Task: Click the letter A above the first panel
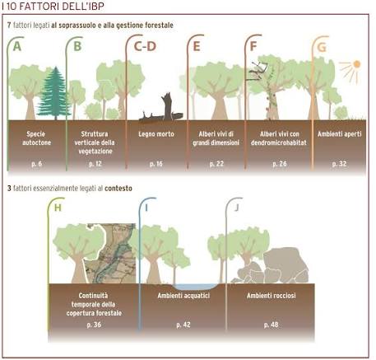pyautogui.click(x=17, y=46)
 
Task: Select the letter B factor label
pyautogui.click(x=77, y=46)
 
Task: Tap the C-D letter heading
pyautogui.click(x=145, y=46)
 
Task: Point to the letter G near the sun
pyautogui.click(x=322, y=47)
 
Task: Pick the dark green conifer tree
pyautogui.click(x=55, y=93)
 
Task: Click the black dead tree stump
pyautogui.click(x=162, y=109)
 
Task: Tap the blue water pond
pyautogui.click(x=195, y=287)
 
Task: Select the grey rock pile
pyautogui.click(x=274, y=266)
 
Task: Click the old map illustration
pyautogui.click(x=113, y=254)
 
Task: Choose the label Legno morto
pyautogui.click(x=156, y=134)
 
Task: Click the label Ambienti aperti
pyautogui.click(x=340, y=134)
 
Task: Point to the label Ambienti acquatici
pyautogui.click(x=183, y=296)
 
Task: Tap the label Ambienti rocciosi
pyautogui.click(x=272, y=296)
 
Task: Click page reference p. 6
pyautogui.click(x=36, y=164)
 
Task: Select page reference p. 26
pyautogui.click(x=280, y=164)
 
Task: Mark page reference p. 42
pyautogui.click(x=183, y=325)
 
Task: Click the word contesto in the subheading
pyautogui.click(x=118, y=189)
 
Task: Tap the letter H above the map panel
pyautogui.click(x=58, y=208)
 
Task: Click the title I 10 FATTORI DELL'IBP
pyautogui.click(x=53, y=6)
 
